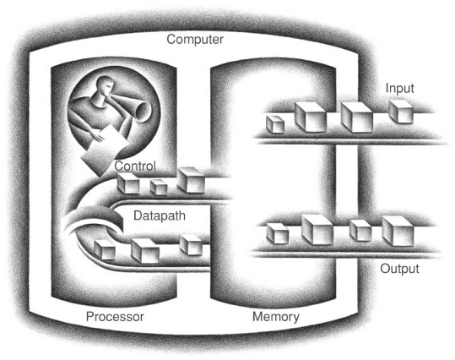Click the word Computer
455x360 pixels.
(195, 40)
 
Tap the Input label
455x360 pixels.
(399, 88)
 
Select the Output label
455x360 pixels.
(399, 269)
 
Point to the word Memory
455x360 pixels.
(276, 317)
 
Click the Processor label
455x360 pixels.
(115, 316)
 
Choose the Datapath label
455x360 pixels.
(160, 215)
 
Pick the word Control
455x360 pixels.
(135, 166)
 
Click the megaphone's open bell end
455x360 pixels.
(144, 112)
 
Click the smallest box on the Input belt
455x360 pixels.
(275, 124)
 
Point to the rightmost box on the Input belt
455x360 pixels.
(400, 112)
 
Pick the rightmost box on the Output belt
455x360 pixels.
(398, 231)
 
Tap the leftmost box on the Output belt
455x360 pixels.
(278, 233)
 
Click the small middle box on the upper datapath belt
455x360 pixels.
(159, 187)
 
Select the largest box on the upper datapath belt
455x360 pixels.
(192, 180)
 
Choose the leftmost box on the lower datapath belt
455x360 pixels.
(105, 249)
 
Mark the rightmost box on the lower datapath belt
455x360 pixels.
(191, 245)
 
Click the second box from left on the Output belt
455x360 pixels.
(317, 230)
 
